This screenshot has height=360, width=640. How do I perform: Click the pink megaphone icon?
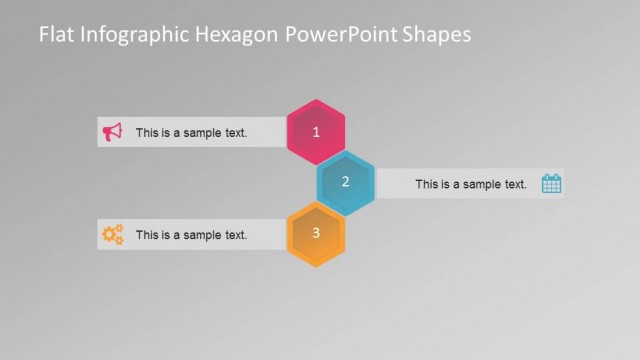pyautogui.click(x=113, y=132)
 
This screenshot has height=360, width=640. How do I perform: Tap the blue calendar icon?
pyautogui.click(x=551, y=183)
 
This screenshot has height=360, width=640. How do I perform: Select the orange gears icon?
pyautogui.click(x=112, y=235)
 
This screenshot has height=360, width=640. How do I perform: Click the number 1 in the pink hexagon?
pyautogui.click(x=316, y=132)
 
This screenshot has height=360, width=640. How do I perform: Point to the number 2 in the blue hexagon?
pyautogui.click(x=345, y=182)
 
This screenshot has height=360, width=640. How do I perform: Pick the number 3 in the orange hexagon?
pyautogui.click(x=316, y=233)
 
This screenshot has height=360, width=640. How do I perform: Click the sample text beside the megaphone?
pyautogui.click(x=191, y=132)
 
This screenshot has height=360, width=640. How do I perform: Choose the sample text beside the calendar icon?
pyautogui.click(x=470, y=184)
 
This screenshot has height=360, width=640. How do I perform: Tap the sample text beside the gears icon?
pyautogui.click(x=191, y=235)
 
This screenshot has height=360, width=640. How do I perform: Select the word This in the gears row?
pyautogui.click(x=147, y=235)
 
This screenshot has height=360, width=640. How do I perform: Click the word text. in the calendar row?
pyautogui.click(x=514, y=184)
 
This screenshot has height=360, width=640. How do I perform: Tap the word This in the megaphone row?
pyautogui.click(x=147, y=132)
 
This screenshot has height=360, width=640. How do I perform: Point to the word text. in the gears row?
pyautogui.click(x=234, y=235)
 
